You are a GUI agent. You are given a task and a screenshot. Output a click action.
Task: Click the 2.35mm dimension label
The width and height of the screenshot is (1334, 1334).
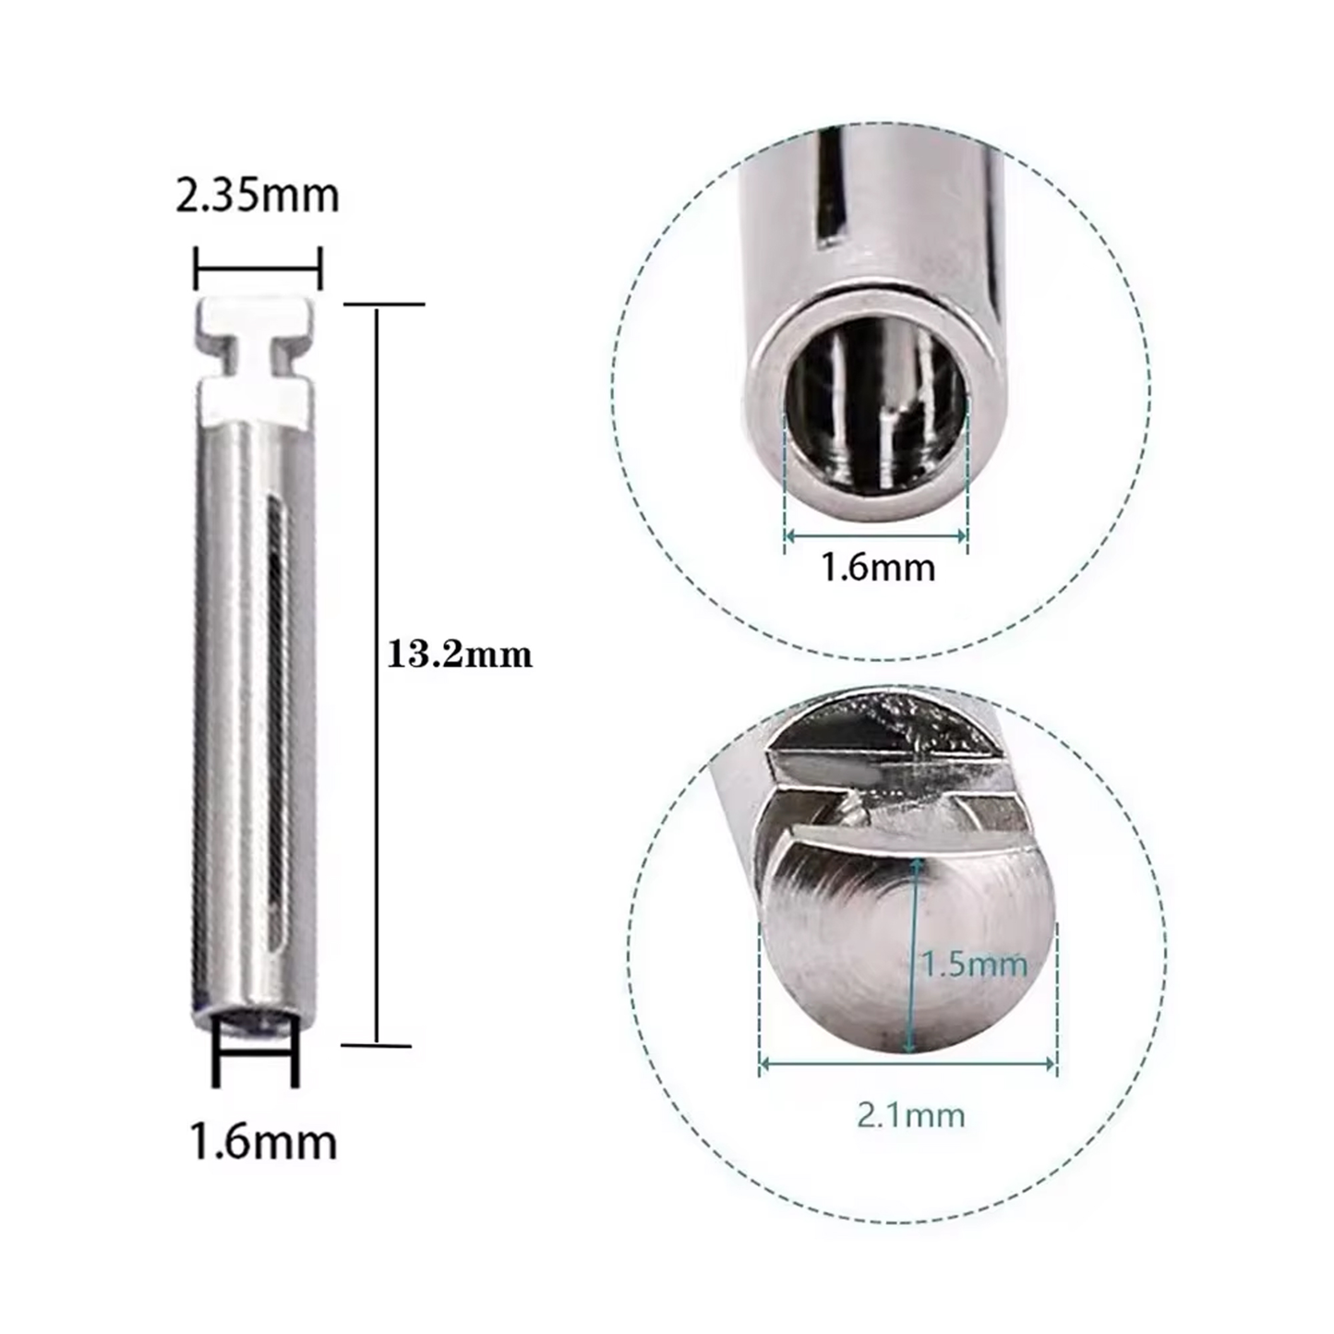click(x=258, y=196)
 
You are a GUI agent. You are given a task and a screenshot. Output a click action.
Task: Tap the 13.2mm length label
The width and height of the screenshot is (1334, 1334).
click(x=460, y=655)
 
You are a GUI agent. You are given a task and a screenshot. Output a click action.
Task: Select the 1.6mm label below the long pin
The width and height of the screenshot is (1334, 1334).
click(x=263, y=1141)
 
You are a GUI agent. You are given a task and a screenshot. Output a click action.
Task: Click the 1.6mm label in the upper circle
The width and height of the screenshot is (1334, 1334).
click(x=878, y=566)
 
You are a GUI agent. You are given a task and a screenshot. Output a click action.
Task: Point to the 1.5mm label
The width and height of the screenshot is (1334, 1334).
click(x=975, y=964)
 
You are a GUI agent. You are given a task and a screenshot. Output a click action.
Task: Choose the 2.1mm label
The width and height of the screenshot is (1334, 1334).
click(x=911, y=1115)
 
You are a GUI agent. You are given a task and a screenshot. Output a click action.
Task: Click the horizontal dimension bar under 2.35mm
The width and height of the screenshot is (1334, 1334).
click(x=258, y=269)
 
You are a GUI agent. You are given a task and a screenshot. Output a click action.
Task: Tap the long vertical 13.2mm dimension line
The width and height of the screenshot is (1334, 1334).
click(x=376, y=674)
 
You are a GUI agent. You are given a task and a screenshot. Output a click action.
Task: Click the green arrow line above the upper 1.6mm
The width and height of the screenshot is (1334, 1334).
click(x=875, y=535)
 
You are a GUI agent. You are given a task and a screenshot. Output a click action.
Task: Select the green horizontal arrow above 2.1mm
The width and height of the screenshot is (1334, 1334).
click(x=907, y=1064)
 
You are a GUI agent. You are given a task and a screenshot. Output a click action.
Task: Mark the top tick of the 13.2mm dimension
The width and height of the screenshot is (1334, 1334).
click(x=384, y=304)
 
